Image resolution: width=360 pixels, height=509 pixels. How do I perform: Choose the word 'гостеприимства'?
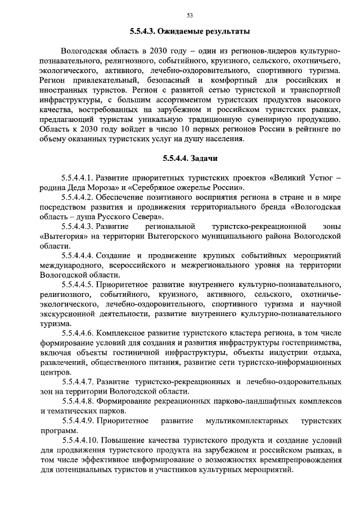pyautogui.click(x=310, y=343)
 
